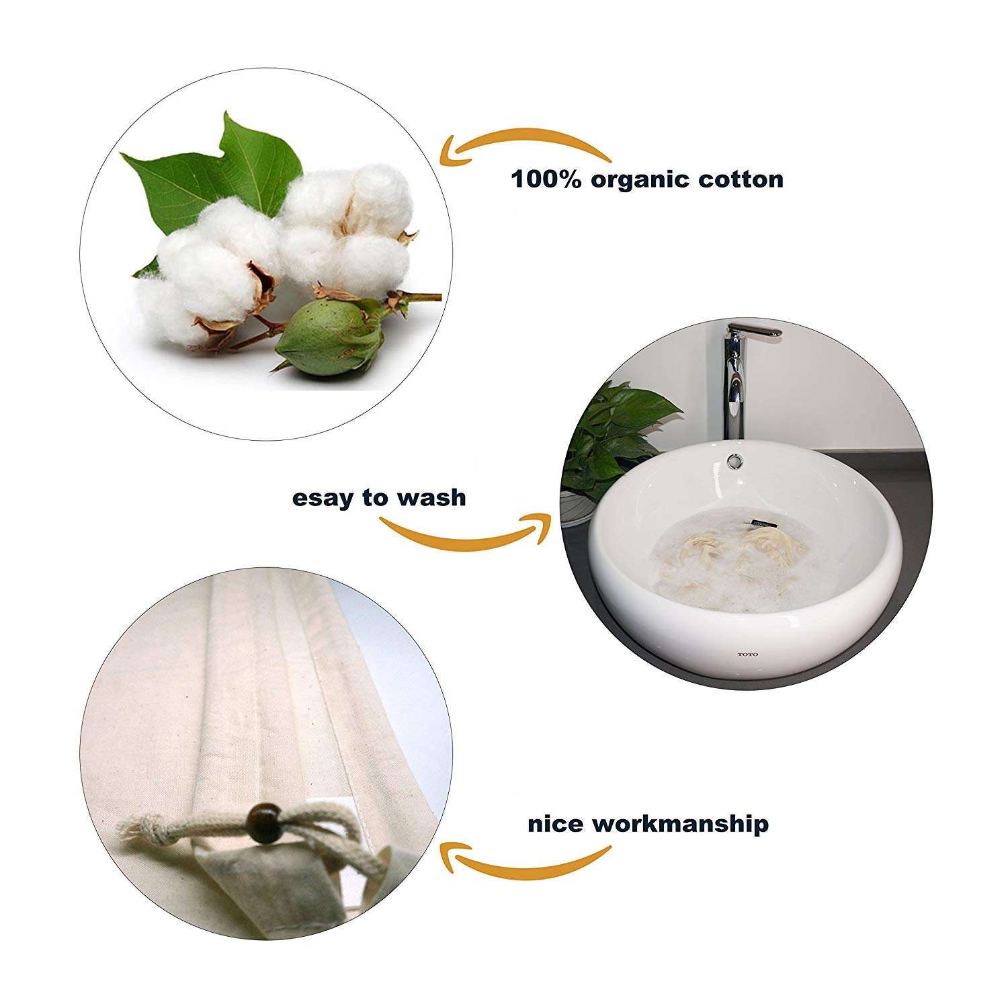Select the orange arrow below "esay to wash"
464,536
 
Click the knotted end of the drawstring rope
144,831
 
